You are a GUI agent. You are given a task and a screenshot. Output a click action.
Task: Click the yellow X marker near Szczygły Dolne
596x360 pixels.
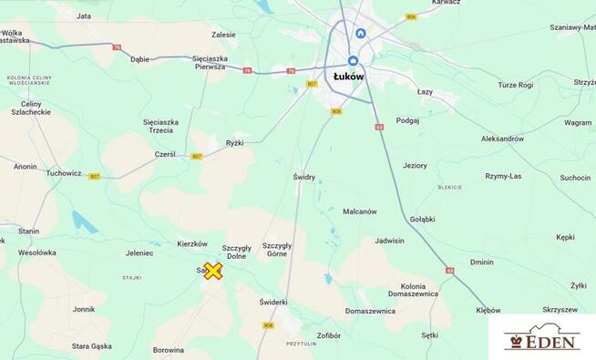click(212, 271)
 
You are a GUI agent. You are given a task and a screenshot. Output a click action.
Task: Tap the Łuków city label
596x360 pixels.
click(348, 77)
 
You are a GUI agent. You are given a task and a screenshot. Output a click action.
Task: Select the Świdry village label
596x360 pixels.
click(303, 177)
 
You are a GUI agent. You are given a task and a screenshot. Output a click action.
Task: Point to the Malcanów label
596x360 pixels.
click(359, 211)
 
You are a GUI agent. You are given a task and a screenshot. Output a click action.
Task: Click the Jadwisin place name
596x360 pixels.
click(389, 241)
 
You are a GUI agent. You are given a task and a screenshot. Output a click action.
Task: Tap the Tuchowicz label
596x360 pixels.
click(64, 172)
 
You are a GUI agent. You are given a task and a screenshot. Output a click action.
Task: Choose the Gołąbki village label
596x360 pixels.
click(422, 219)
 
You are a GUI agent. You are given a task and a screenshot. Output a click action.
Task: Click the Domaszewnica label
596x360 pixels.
click(370, 311)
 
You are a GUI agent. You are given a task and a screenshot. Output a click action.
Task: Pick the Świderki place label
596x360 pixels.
click(272, 302)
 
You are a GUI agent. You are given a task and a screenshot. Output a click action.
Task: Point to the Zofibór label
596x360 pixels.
click(329, 335)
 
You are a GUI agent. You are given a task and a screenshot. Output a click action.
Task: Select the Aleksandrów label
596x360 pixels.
click(503, 139)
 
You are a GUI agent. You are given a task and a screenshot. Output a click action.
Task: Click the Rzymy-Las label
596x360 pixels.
click(503, 176)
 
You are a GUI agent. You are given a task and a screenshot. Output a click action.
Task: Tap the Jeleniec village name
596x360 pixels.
click(139, 252)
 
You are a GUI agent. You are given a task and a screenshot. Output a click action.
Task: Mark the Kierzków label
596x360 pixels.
click(192, 244)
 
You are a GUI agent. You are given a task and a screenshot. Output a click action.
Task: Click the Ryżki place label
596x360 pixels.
click(234, 142)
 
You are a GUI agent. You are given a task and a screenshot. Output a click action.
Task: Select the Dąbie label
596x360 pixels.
click(139, 59)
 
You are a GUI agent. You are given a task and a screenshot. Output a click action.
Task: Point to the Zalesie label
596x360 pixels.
click(223, 35)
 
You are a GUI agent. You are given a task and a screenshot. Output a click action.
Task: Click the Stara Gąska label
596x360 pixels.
click(92, 346)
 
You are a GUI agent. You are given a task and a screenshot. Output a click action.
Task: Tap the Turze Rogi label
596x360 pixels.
click(515, 85)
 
